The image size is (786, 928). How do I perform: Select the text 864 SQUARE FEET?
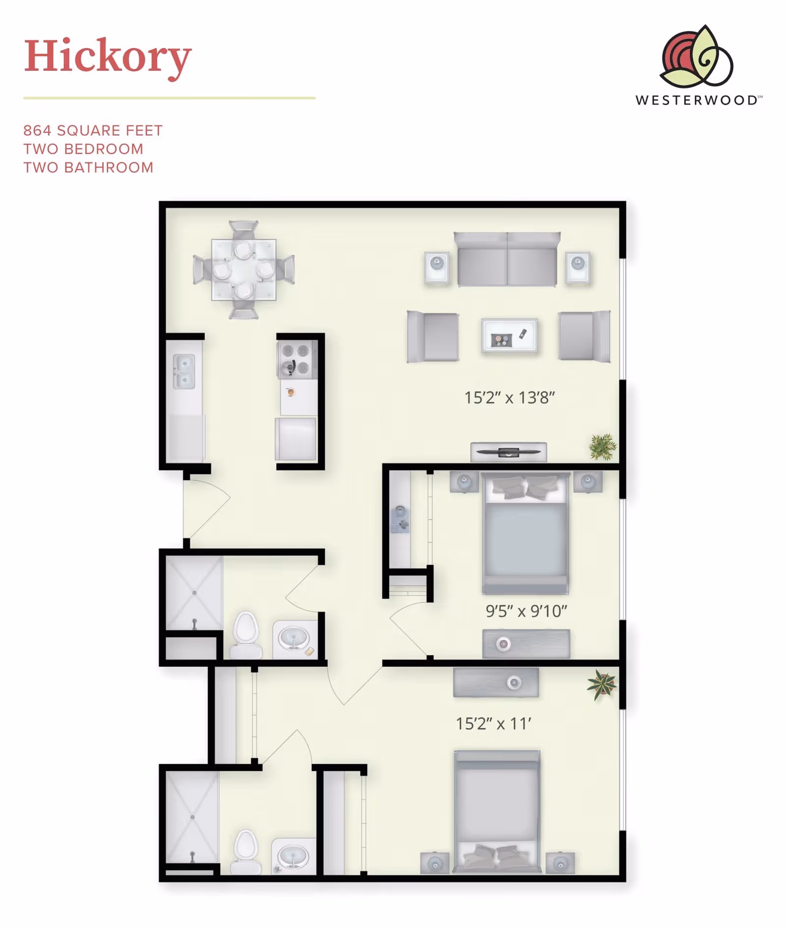93,131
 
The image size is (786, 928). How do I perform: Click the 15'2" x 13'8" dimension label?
509,397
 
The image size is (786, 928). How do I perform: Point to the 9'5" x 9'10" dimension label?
526,611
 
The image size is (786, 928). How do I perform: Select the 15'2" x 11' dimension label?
493,724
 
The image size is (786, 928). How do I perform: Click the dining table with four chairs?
244,270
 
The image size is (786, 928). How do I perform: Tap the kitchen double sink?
184,371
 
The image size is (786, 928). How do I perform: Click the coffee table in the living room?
509,336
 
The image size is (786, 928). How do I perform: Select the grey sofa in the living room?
507,259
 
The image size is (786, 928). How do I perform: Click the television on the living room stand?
508,452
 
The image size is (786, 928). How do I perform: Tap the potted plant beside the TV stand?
603,447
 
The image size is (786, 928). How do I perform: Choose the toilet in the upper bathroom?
246,635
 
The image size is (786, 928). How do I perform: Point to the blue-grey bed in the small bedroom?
525,534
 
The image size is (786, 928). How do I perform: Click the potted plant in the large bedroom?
602,684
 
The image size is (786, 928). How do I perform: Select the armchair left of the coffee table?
433,337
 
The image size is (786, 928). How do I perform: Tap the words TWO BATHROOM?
88,168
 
